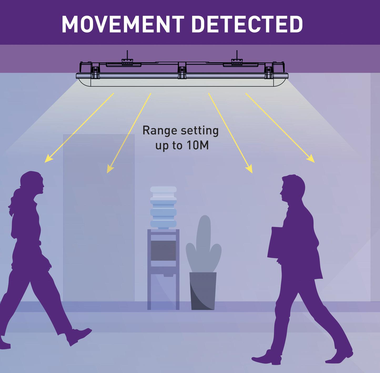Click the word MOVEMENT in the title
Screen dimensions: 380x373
pyautogui.click(x=123, y=24)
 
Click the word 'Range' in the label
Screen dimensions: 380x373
pyautogui.click(x=157, y=130)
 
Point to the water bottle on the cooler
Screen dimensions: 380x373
pyautogui.click(x=163, y=208)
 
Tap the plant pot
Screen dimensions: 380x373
pyautogui.click(x=203, y=291)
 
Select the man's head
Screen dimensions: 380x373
pyautogui.click(x=292, y=188)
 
